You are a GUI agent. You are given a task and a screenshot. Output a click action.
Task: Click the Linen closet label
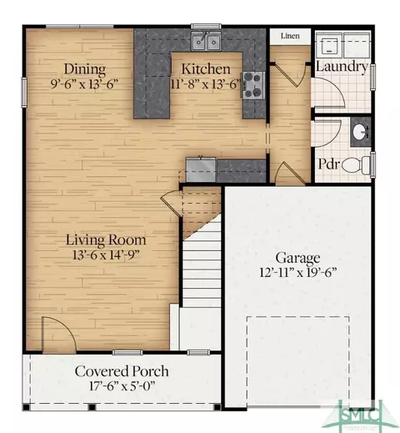290,36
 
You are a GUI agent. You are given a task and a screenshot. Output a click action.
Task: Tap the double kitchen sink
206,41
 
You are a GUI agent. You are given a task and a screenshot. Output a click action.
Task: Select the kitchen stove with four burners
253,85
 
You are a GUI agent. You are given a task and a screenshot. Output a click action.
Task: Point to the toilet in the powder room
356,165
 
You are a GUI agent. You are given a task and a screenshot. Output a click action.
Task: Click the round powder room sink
361,132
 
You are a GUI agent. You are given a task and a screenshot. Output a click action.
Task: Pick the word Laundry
342,67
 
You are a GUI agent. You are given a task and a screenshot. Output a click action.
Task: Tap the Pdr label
329,164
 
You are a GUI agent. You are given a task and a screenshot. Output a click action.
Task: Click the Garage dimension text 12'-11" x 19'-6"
297,272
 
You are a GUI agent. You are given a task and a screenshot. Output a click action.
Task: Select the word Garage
297,258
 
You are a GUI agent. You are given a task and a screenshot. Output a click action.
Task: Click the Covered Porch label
122,371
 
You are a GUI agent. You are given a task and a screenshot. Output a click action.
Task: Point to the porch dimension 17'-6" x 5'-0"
122,385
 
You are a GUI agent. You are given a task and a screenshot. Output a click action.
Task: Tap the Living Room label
106,240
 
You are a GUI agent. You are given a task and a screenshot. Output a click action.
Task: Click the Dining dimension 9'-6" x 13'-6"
85,83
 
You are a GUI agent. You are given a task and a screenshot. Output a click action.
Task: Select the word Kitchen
206,69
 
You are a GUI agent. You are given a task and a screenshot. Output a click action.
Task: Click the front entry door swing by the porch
59,334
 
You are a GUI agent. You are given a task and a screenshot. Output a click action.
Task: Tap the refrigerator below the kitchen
201,169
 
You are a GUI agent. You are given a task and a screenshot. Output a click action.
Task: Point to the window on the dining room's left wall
24,93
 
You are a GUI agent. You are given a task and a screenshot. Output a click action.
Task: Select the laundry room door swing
327,93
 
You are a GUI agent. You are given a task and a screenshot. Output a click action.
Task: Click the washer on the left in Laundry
329,44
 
